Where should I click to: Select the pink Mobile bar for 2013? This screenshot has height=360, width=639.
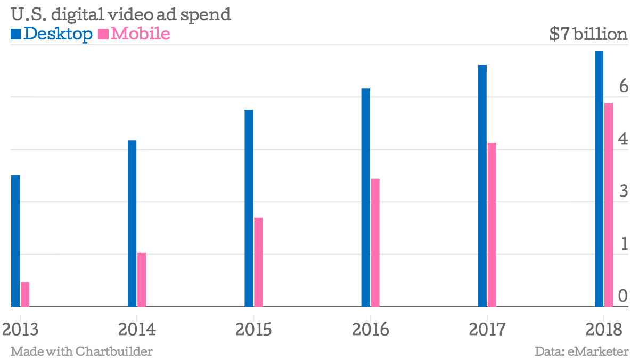pyautogui.click(x=25, y=294)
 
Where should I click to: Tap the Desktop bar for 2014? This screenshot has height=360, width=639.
pyautogui.click(x=132, y=224)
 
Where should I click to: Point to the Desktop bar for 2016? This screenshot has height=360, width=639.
pyautogui.click(x=366, y=198)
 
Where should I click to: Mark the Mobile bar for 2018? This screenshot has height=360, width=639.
pyautogui.click(x=609, y=205)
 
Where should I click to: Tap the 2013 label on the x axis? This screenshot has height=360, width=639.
pyautogui.click(x=20, y=329)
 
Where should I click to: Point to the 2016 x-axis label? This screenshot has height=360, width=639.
pyautogui.click(x=370, y=329)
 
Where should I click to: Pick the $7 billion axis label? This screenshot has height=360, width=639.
pyautogui.click(x=588, y=35)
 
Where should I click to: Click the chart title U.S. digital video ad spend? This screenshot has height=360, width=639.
pyautogui.click(x=120, y=14)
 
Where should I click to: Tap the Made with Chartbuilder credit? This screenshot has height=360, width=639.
pyautogui.click(x=81, y=351)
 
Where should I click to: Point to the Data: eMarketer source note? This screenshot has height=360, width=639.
pyautogui.click(x=581, y=351)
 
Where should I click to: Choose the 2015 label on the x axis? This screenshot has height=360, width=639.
pyautogui.click(x=253, y=329)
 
